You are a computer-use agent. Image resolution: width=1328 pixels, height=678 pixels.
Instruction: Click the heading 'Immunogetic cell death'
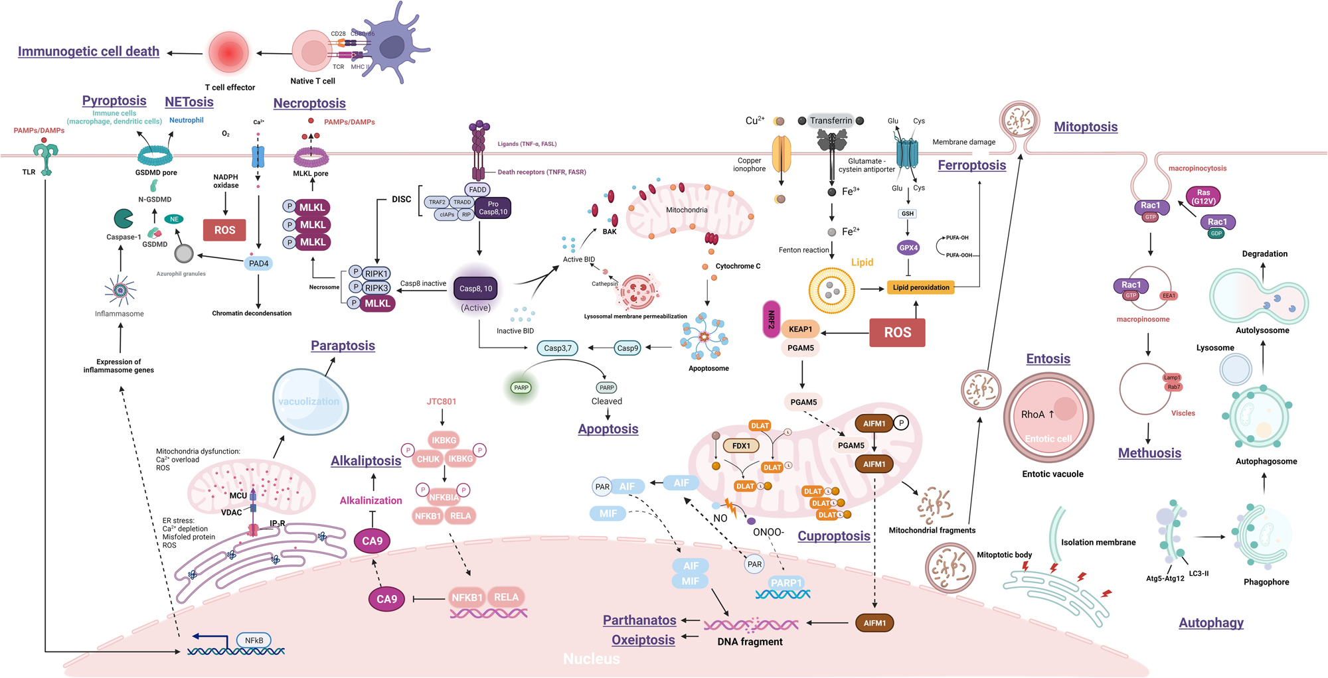[88, 52]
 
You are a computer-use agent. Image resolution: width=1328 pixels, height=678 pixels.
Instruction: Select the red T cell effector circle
[228, 52]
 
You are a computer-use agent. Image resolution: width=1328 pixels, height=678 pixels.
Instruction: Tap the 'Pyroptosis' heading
[114, 101]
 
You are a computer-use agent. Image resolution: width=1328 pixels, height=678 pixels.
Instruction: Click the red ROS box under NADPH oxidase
[224, 230]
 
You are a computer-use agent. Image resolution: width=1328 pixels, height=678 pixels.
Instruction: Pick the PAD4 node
[258, 263]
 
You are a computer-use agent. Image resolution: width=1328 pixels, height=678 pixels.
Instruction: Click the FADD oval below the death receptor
[477, 190]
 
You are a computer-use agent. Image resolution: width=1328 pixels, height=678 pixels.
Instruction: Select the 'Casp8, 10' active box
[475, 289]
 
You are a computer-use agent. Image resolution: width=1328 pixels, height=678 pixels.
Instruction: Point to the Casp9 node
[627, 348]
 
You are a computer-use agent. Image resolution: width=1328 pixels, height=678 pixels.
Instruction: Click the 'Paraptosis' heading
[343, 346]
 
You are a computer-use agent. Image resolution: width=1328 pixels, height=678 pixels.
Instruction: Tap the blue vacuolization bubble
[309, 401]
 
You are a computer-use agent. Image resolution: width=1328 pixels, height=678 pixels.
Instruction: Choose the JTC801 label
[442, 401]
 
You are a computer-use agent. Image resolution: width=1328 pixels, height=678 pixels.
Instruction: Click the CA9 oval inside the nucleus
[386, 599]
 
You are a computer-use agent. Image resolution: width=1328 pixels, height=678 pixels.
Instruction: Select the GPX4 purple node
[908, 247]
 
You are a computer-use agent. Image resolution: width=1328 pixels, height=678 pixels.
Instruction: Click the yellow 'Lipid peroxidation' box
[920, 287]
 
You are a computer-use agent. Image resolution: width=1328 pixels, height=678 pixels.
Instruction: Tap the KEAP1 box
[800, 329]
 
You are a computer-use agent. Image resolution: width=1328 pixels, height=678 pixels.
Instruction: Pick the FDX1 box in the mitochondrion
[741, 446]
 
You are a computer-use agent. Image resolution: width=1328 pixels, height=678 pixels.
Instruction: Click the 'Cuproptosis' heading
[833, 536]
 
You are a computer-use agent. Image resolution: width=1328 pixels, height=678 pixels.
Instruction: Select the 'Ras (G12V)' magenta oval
[1203, 196]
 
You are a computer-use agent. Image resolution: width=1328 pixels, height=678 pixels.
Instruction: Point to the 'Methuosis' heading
[1149, 453]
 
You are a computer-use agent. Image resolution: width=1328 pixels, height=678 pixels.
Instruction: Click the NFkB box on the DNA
[254, 640]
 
